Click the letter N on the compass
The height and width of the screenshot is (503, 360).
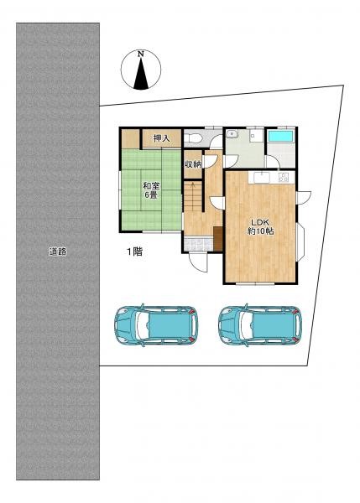pos(141,54)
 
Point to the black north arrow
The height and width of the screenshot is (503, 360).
pos(141,74)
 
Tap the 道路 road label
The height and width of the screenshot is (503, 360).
pos(58,251)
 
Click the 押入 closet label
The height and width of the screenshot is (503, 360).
pos(161,138)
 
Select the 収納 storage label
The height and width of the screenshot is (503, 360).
pos(193,164)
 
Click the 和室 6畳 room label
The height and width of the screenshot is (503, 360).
pos(151,190)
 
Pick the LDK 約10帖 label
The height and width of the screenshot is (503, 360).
pos(260,226)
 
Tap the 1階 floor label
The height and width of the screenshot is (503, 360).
pos(133,251)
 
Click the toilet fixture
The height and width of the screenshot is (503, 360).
pos(192,138)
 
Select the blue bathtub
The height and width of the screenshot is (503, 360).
pos(280,136)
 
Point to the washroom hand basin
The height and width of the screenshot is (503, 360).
pos(232,133)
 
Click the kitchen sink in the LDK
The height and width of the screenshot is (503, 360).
pos(263,178)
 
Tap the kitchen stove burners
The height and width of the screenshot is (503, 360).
pos(284,178)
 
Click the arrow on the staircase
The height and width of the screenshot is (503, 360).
pos(193,187)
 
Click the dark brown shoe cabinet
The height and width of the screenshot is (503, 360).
pos(218,238)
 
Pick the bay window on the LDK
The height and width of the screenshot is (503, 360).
pos(300,241)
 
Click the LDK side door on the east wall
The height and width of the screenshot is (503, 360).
pos(304,197)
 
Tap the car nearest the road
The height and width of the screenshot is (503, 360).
pos(156,325)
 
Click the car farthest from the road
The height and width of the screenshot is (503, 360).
pos(260,325)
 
